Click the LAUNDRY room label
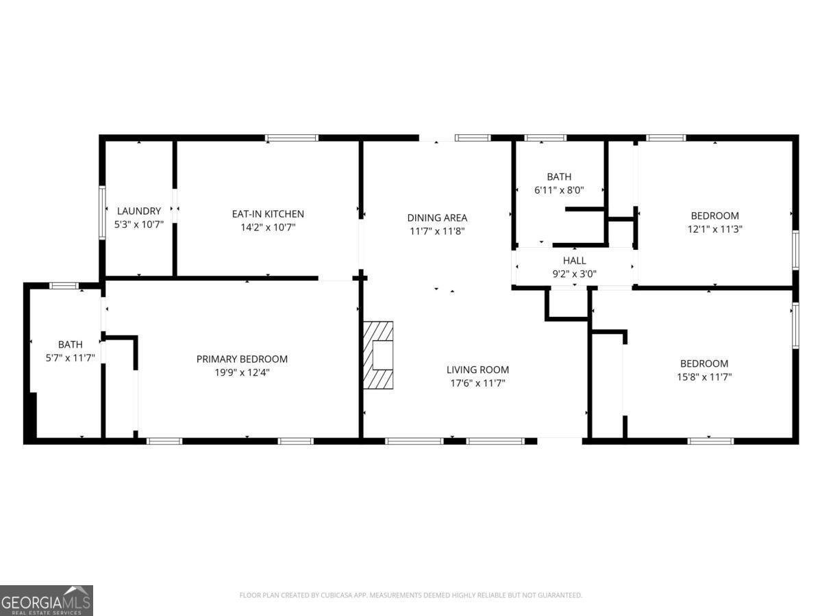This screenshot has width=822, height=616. tap(139, 211)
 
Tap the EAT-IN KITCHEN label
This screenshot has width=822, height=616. tap(268, 214)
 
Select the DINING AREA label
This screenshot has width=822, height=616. tap(437, 218)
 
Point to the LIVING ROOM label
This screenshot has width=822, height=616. tap(477, 370)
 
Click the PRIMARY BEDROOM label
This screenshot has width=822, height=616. tap(242, 359)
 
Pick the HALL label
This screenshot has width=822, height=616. tap(575, 260)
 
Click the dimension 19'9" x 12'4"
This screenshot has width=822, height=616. tap(242, 372)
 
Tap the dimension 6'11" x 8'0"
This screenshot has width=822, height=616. tap(559, 190)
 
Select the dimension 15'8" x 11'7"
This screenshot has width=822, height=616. tap(704, 376)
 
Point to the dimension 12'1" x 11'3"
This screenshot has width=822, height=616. tap(714, 229)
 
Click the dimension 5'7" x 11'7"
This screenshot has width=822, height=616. tap(70, 358)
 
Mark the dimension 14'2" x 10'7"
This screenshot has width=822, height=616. tap(268, 227)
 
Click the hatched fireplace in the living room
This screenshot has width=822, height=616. tap(378, 355)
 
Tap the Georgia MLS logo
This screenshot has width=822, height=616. tap(47, 600)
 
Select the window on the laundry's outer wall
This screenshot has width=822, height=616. tap(102, 212)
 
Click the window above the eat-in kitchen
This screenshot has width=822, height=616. tap(292, 138)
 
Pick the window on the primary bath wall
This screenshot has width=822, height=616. tap(64, 286)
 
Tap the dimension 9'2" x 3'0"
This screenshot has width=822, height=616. tap(575, 274)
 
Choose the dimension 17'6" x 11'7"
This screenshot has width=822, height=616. tap(477, 383)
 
